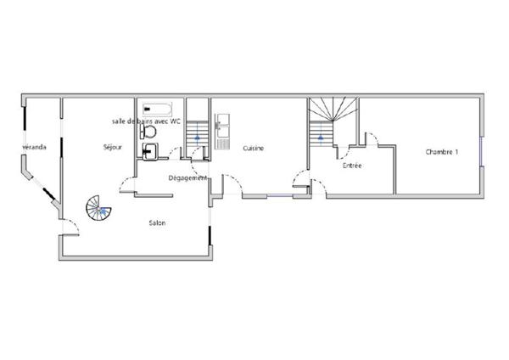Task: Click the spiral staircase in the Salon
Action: pyautogui.click(x=97, y=206)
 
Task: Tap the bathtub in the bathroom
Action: pyautogui.click(x=157, y=110)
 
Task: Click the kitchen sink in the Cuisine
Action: pyautogui.click(x=221, y=130)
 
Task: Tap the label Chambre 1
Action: pyautogui.click(x=442, y=152)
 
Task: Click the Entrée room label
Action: pyautogui.click(x=352, y=166)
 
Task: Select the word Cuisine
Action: pyautogui.click(x=253, y=149)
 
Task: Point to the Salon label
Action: pyautogui.click(x=157, y=223)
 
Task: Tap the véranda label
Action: pyautogui.click(x=35, y=148)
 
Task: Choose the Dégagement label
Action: pyautogui.click(x=187, y=177)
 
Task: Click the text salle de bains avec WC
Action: pyautogui.click(x=147, y=121)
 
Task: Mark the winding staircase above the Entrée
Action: pyautogui.click(x=322, y=116)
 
